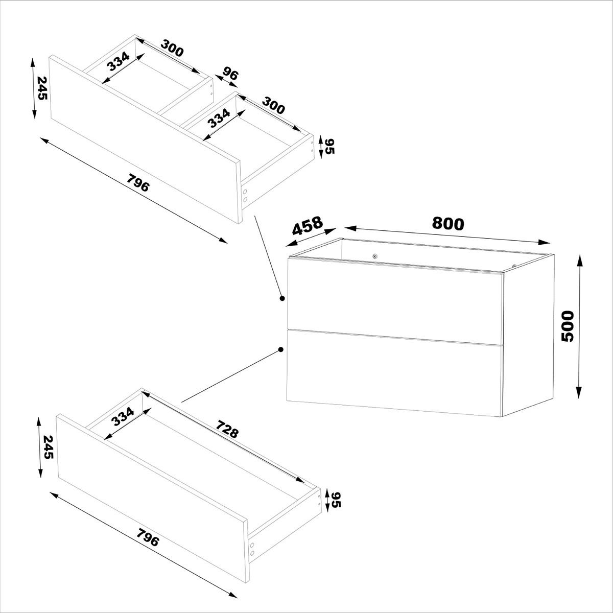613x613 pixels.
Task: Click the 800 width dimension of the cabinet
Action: click(448, 224)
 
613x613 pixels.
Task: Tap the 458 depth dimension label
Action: click(308, 225)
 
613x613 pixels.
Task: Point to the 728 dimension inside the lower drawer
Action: click(227, 429)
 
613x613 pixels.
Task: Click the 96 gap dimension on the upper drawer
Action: click(230, 75)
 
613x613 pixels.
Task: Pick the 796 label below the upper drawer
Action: click(138, 183)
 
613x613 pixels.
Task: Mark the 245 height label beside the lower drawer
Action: click(48, 447)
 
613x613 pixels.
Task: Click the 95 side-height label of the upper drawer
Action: click(329, 147)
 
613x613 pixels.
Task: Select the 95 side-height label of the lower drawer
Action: click(336, 500)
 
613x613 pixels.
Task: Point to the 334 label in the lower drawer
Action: click(123, 417)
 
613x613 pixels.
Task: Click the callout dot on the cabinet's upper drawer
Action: click(281, 297)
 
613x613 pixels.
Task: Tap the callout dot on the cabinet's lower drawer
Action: click(281, 350)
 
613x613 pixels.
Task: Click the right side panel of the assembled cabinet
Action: click(528, 337)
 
